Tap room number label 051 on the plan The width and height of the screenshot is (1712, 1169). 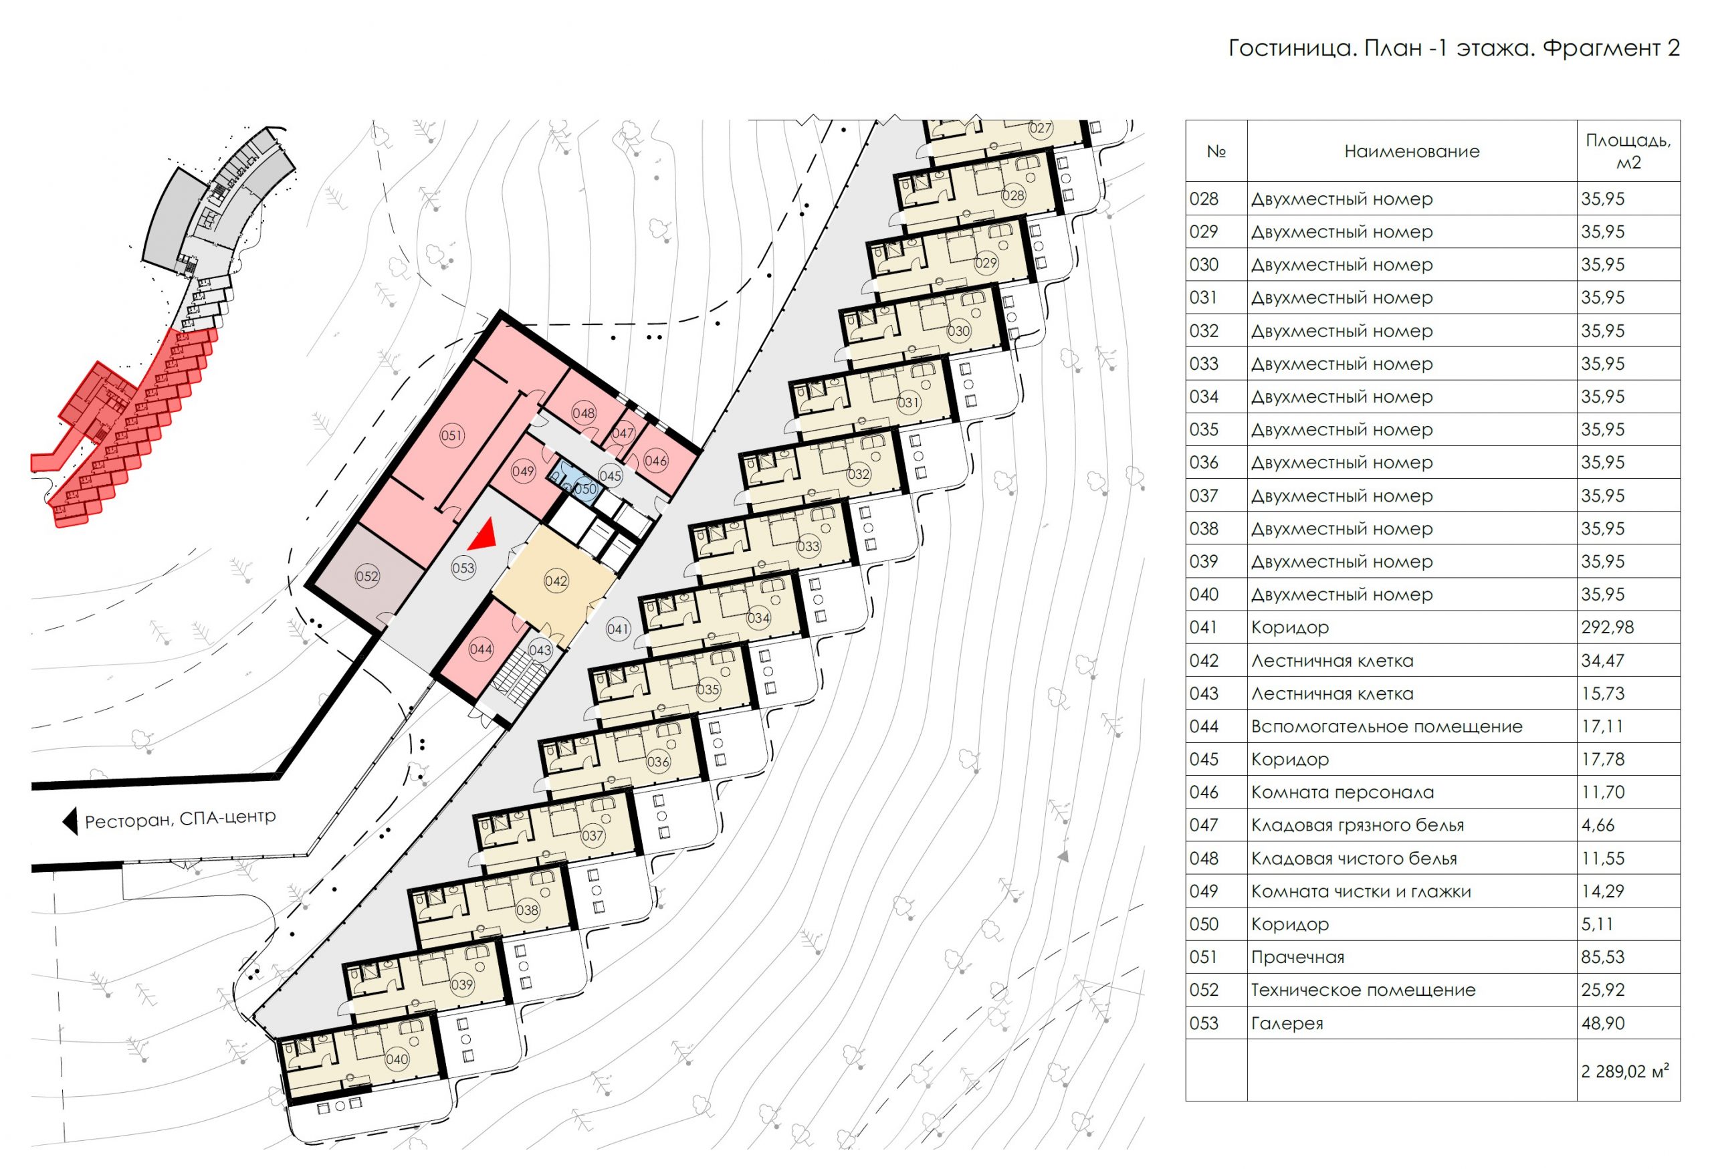[x=451, y=435]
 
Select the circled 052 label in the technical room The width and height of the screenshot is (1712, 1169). [x=367, y=576]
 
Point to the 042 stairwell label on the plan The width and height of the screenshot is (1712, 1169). [x=556, y=581]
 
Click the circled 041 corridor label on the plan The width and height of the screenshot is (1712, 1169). [x=618, y=629]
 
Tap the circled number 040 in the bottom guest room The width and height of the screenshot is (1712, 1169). [x=397, y=1060]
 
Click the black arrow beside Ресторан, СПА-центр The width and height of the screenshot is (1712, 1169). [x=70, y=821]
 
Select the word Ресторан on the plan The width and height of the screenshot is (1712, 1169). [x=129, y=821]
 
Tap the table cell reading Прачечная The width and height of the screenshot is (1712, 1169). [x=1297, y=958]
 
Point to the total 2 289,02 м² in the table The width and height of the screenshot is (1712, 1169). [x=1624, y=1071]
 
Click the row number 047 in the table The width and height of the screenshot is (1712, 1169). [x=1204, y=826]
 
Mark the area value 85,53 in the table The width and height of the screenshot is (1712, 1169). [x=1602, y=958]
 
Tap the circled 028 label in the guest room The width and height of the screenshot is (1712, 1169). [x=1014, y=195]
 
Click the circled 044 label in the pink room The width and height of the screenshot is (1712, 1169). [x=481, y=649]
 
